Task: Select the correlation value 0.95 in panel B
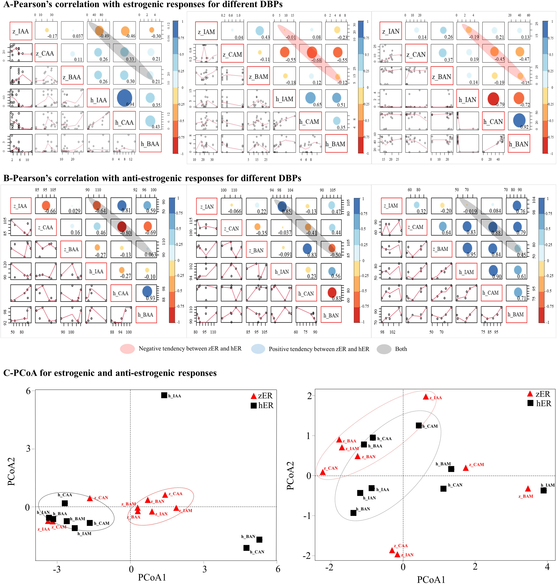click(x=471, y=254)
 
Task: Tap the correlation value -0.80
click(x=126, y=233)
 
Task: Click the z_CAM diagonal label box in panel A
click(x=232, y=54)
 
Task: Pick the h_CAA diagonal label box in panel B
click(x=121, y=293)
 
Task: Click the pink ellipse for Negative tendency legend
click(x=127, y=349)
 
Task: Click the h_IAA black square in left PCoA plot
click(x=164, y=395)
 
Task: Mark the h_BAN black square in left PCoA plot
click(x=259, y=540)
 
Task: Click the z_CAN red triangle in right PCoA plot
click(x=323, y=472)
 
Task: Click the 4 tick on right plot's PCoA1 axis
click(x=547, y=567)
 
